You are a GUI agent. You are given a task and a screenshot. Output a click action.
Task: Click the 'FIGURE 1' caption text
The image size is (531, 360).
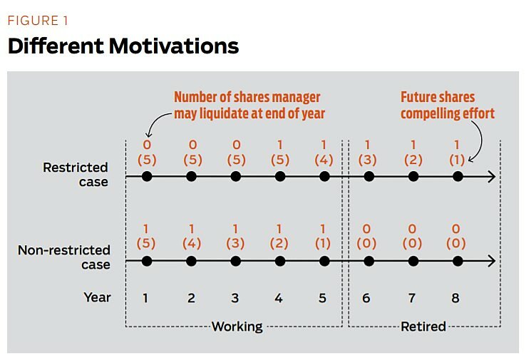pyautogui.click(x=43, y=20)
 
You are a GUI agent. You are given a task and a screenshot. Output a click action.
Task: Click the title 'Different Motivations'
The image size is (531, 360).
pyautogui.click(x=123, y=46)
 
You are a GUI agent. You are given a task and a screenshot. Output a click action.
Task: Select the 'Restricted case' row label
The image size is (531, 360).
pyautogui.click(x=75, y=175)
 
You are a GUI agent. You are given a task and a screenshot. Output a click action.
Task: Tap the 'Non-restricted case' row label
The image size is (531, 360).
pyautogui.click(x=64, y=257)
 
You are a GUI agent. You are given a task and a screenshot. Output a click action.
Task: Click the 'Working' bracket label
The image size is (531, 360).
pyautogui.click(x=237, y=326)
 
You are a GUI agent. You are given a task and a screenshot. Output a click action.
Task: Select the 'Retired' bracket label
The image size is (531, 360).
pyautogui.click(x=423, y=326)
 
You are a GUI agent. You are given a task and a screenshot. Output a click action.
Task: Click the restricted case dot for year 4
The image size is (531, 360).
pyautogui.click(x=280, y=176)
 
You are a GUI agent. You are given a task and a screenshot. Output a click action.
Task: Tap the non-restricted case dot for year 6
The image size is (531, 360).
pyautogui.click(x=368, y=262)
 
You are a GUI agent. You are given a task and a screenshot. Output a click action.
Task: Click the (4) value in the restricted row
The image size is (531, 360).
pyautogui.click(x=324, y=160)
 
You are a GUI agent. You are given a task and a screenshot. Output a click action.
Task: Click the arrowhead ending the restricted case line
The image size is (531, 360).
pyautogui.click(x=490, y=176)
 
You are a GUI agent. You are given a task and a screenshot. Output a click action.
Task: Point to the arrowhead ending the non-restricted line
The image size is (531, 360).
pyautogui.click(x=490, y=262)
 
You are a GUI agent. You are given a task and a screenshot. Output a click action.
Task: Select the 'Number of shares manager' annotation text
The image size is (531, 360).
pyautogui.click(x=247, y=97)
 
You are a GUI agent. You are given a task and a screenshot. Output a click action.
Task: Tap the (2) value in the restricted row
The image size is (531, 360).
pyautogui.click(x=413, y=160)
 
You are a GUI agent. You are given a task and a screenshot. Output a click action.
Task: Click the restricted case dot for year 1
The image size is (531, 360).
pyautogui.click(x=147, y=176)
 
